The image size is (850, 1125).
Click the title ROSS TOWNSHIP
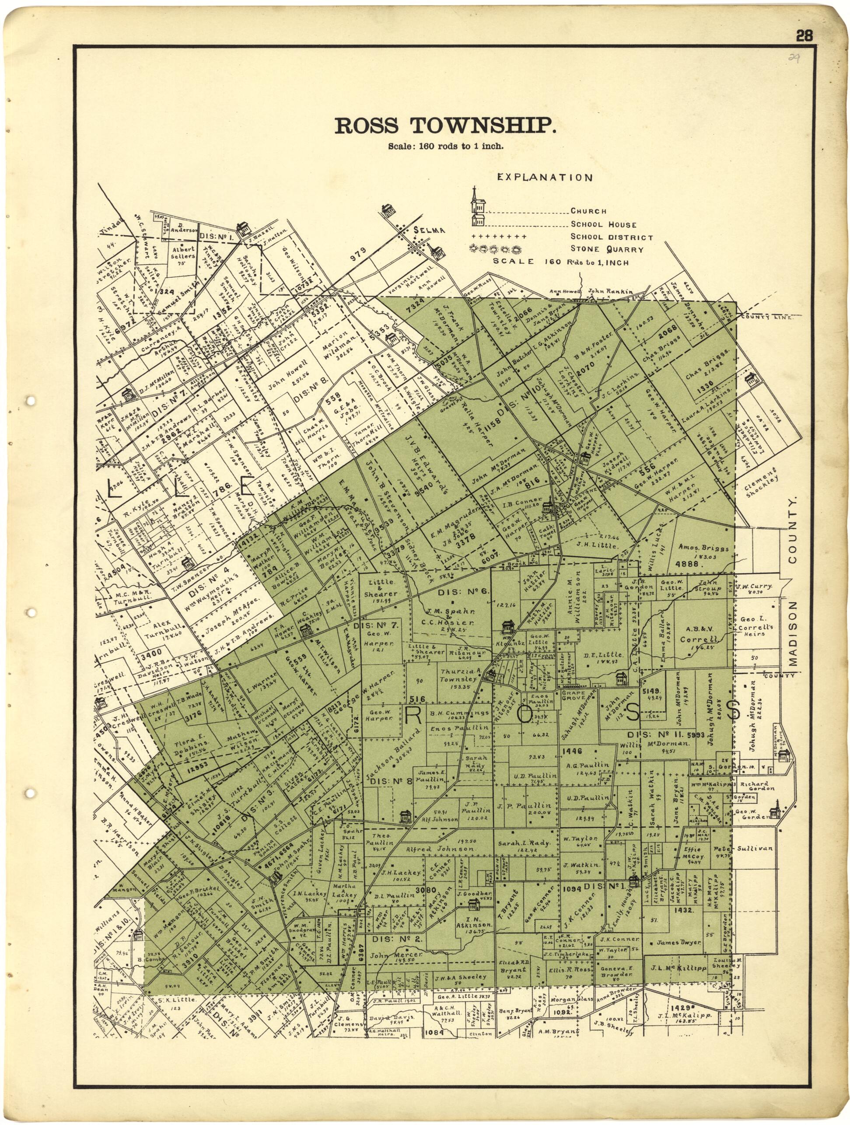[445, 126]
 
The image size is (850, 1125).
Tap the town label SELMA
[430, 231]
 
